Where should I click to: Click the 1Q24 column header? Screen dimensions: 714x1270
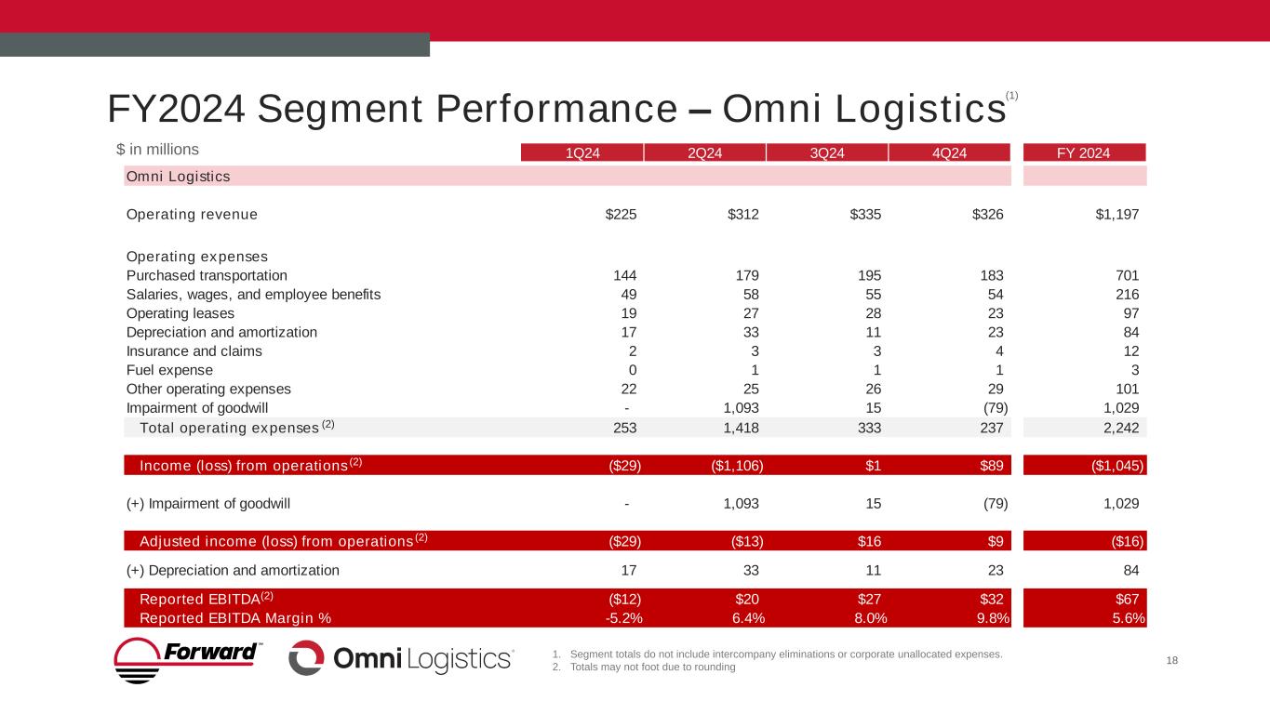[x=582, y=153]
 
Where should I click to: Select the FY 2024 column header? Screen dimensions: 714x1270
[x=1084, y=153]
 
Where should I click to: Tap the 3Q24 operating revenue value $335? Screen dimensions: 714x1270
[x=866, y=214]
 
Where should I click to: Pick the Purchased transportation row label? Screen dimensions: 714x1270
[x=207, y=275]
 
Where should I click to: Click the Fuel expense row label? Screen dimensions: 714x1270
[x=169, y=370]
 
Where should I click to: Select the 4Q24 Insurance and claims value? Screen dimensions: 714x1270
[x=996, y=351]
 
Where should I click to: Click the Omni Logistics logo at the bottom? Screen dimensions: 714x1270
[x=401, y=658]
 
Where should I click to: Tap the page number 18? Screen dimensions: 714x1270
[x=1172, y=660]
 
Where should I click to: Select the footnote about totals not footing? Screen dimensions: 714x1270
[x=652, y=667]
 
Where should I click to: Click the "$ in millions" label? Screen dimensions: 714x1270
[x=157, y=149]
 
